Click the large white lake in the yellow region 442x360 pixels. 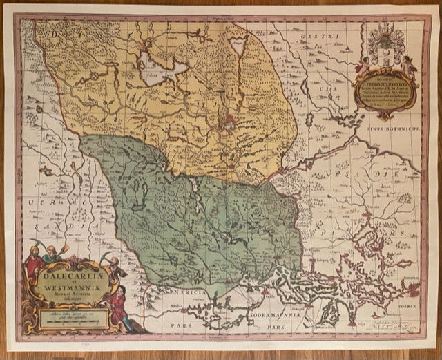tap(162, 70)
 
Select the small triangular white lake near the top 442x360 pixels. tap(238, 46)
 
